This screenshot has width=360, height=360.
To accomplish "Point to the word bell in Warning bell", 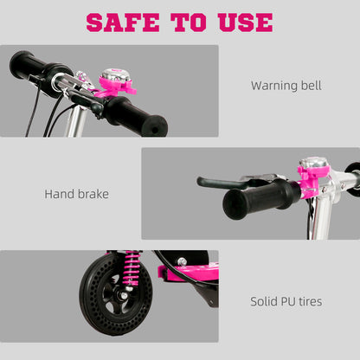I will (x=311, y=86).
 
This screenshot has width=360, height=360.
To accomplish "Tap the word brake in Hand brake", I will (x=93, y=194).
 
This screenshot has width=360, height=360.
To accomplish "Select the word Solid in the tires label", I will (x=266, y=302).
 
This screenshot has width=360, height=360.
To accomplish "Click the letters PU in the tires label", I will (x=292, y=302).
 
